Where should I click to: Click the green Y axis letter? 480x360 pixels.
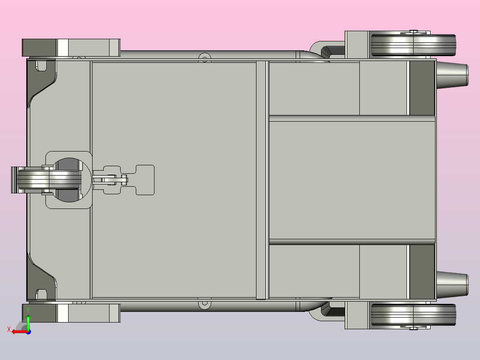click(28, 310)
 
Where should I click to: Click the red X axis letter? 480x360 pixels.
click(9, 330)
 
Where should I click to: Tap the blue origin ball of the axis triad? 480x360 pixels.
click(28, 332)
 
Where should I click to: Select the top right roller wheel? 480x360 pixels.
click(413, 45)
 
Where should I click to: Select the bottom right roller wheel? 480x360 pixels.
click(413, 315)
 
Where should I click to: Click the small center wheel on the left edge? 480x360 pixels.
click(49, 180)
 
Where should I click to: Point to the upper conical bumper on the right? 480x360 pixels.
click(452, 75)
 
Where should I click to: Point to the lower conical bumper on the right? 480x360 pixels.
click(452, 285)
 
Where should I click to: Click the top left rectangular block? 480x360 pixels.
click(71, 48)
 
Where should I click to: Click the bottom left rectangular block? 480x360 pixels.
click(71, 313)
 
